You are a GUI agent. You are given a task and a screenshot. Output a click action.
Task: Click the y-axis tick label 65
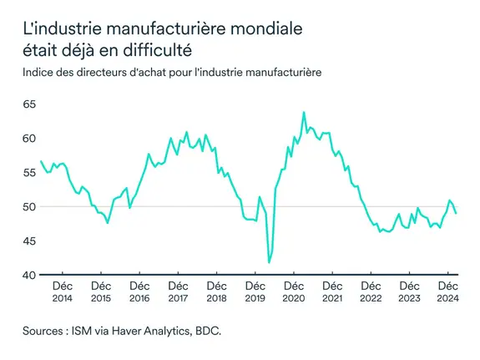30,104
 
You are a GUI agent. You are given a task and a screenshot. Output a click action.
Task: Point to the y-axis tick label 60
30,138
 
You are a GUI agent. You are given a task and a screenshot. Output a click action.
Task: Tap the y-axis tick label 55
30,172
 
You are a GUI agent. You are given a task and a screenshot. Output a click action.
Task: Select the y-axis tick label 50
30,206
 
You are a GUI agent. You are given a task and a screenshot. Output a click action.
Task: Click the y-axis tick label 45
30,241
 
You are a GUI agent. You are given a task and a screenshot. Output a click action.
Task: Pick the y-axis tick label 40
30,275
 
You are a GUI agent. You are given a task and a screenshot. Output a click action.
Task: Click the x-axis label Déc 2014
63,292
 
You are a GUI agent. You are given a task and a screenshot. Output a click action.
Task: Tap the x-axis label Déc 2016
139,292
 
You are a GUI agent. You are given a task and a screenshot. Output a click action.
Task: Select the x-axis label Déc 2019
255,292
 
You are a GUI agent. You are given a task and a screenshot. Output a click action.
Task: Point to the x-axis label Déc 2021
331,292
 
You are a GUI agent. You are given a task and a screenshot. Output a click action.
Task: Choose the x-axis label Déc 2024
447,292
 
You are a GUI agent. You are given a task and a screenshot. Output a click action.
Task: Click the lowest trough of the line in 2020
269,262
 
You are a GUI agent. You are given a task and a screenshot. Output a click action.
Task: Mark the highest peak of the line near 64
303,112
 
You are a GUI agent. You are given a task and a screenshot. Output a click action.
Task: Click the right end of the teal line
456,214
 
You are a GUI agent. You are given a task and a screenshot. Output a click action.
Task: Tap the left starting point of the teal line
41,161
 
